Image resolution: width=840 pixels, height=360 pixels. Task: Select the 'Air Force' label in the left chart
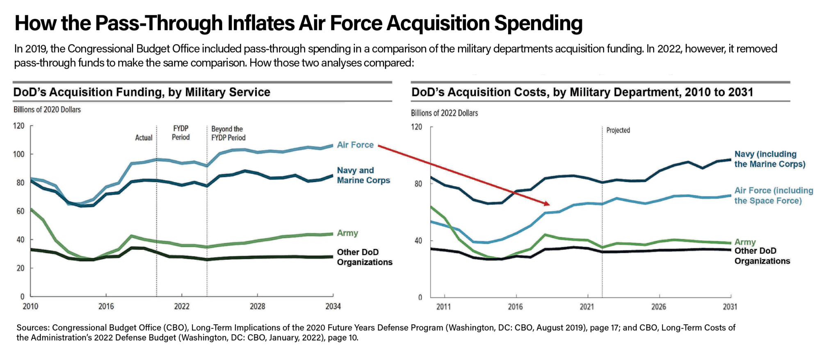(x=355, y=145)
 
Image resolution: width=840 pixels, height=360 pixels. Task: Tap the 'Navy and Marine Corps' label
(x=363, y=175)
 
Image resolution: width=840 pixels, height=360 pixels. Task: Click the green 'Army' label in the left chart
(x=347, y=233)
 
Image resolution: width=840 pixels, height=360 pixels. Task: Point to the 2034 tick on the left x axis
(x=333, y=306)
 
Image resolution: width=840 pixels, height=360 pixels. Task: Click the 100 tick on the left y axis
(x=18, y=154)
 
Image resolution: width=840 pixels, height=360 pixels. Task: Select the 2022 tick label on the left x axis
(x=182, y=306)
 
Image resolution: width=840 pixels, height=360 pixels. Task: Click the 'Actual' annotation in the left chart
(x=144, y=138)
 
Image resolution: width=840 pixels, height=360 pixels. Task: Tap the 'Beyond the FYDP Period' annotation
(x=228, y=133)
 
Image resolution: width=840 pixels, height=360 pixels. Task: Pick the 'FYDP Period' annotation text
(x=180, y=133)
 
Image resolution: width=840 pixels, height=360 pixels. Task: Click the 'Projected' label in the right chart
(x=618, y=130)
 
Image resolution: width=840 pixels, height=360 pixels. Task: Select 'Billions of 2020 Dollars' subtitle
(x=47, y=109)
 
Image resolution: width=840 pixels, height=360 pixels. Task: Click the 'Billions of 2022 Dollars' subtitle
(x=445, y=113)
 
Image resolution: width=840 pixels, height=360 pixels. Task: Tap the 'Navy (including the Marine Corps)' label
(x=769, y=159)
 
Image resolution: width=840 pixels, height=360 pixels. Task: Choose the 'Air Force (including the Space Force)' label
(x=773, y=196)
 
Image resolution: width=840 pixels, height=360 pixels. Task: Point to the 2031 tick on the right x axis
(x=730, y=307)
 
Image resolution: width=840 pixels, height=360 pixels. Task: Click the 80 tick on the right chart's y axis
(x=418, y=184)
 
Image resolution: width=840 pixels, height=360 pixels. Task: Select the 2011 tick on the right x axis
(x=444, y=307)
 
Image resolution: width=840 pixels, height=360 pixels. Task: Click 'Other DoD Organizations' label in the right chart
(x=762, y=256)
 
